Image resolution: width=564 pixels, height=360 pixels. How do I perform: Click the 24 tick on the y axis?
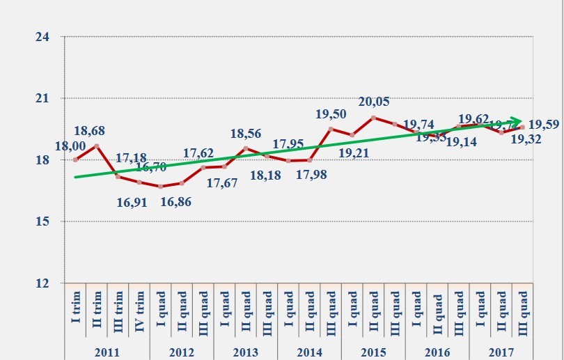(x=42, y=37)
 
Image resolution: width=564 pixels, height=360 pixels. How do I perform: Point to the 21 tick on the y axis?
(x=42, y=98)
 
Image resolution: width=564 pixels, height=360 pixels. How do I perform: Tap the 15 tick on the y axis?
(x=42, y=221)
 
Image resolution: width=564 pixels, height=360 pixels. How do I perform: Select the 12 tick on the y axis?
(x=42, y=283)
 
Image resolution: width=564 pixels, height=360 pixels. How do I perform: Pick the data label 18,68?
(x=89, y=130)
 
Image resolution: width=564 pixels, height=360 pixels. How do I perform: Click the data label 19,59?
(x=545, y=125)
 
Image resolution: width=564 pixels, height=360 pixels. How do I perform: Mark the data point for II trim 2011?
(x=97, y=146)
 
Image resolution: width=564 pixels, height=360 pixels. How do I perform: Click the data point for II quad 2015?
(x=374, y=118)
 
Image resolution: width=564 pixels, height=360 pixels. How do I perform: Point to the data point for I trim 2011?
(x=75, y=159)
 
